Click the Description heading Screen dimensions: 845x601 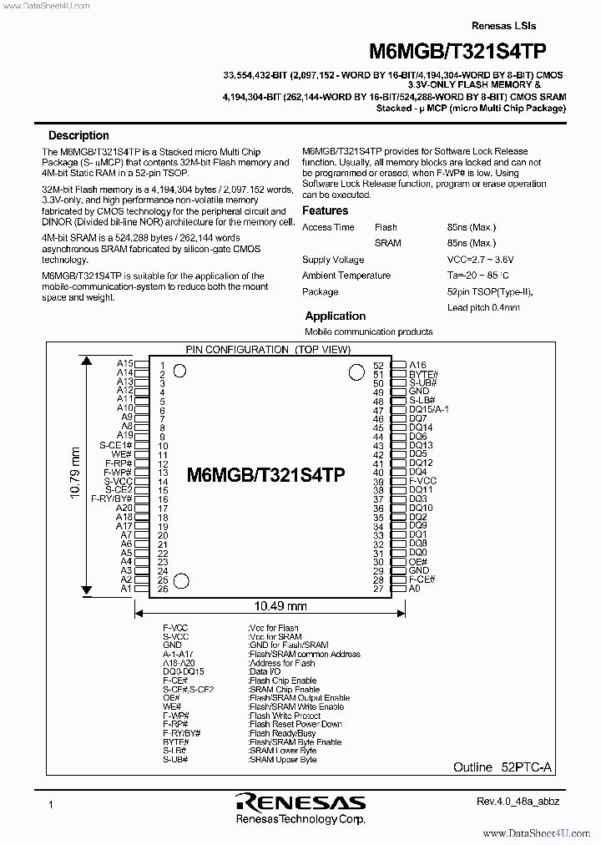pyautogui.click(x=78, y=135)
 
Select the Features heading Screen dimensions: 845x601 pyautogui.click(x=325, y=210)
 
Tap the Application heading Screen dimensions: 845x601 pyautogui.click(x=335, y=316)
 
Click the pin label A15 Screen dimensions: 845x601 pyautogui.click(x=124, y=364)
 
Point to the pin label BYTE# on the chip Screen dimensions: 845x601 pyautogui.click(x=422, y=374)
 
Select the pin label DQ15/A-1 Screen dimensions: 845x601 pyautogui.click(x=428, y=409)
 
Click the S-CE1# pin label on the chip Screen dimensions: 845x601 pyautogui.click(x=117, y=446)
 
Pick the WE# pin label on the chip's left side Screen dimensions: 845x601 pyautogui.click(x=122, y=454)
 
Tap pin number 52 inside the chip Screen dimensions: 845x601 pyautogui.click(x=378, y=366)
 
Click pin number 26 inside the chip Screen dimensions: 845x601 pyautogui.click(x=163, y=589)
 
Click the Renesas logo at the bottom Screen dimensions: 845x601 pyautogui.click(x=300, y=802)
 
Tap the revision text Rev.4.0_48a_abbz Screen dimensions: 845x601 pyautogui.click(x=518, y=802)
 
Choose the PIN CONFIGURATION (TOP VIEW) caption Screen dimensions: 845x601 pyautogui.click(x=267, y=349)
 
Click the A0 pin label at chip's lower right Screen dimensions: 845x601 pyautogui.click(x=414, y=589)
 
